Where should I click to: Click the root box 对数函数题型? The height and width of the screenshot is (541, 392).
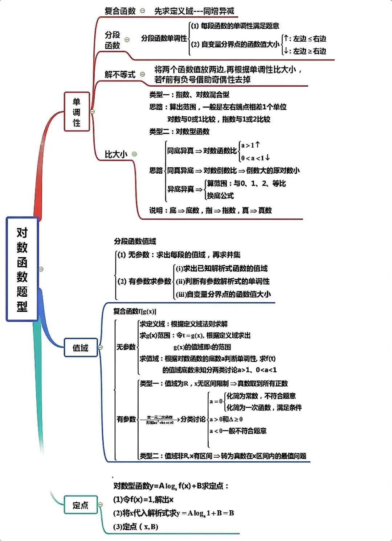(22, 269)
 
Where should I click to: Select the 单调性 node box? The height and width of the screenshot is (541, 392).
(77, 112)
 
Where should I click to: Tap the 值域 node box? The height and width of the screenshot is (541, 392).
(81, 348)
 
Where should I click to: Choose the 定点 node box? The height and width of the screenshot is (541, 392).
(81, 505)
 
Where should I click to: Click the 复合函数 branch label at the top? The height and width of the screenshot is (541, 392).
(120, 11)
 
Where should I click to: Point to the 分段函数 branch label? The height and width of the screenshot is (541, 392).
(113, 40)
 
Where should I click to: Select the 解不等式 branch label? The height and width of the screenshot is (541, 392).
(120, 75)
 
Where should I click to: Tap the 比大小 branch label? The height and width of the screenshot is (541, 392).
(116, 154)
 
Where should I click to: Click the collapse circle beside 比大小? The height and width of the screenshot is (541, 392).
(135, 154)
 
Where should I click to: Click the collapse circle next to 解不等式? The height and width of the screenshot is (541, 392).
(143, 74)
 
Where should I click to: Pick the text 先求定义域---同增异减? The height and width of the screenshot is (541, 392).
(194, 11)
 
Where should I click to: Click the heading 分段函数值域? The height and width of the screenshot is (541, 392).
(135, 241)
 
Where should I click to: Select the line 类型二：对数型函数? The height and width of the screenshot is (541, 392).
(179, 132)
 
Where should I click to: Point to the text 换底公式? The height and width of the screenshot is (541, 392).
(220, 196)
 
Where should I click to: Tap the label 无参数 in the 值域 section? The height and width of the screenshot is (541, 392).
(126, 347)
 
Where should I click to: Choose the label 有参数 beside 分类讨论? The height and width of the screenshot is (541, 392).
(126, 419)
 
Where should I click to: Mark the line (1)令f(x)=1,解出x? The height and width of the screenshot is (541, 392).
(143, 500)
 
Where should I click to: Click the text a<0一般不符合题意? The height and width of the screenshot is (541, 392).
(238, 431)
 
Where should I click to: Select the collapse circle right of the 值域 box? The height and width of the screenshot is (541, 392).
(101, 348)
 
